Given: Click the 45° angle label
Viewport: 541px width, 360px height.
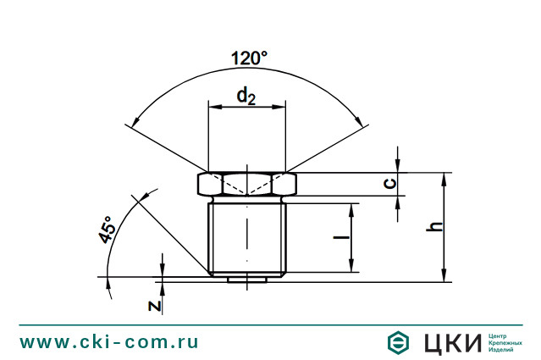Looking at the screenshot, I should pyautogui.click(x=107, y=230).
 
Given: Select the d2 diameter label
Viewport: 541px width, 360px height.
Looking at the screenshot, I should pyautogui.click(x=247, y=97).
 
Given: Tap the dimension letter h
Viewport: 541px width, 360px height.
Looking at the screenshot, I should pyautogui.click(x=433, y=227).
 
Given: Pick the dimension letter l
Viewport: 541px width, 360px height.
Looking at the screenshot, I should pyautogui.click(x=340, y=238).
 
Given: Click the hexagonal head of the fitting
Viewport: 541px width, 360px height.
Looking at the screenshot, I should pyautogui.click(x=247, y=184).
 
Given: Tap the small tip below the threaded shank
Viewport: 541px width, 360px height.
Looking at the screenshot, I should pyautogui.click(x=247, y=277).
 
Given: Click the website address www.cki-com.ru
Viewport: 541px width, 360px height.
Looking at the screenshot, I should pyautogui.click(x=109, y=342).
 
